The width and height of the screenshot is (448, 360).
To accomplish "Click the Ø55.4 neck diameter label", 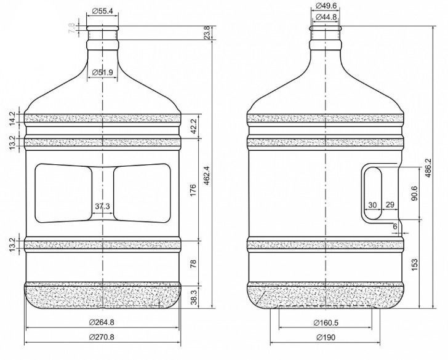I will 103,10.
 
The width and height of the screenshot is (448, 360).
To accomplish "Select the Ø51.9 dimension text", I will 103,73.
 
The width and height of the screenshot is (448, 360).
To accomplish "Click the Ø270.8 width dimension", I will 103,337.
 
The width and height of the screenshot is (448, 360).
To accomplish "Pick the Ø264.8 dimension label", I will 103,322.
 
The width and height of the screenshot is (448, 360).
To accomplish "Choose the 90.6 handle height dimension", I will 415,192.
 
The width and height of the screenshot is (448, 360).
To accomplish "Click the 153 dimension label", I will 415,263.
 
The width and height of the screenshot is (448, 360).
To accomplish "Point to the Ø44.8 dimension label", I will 326,17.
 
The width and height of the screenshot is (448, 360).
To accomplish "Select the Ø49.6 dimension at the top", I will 326,6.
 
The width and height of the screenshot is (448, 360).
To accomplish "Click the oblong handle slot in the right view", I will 373,192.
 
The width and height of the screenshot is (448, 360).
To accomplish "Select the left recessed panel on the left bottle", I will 63,193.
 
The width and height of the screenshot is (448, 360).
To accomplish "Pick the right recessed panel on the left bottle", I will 142,193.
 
